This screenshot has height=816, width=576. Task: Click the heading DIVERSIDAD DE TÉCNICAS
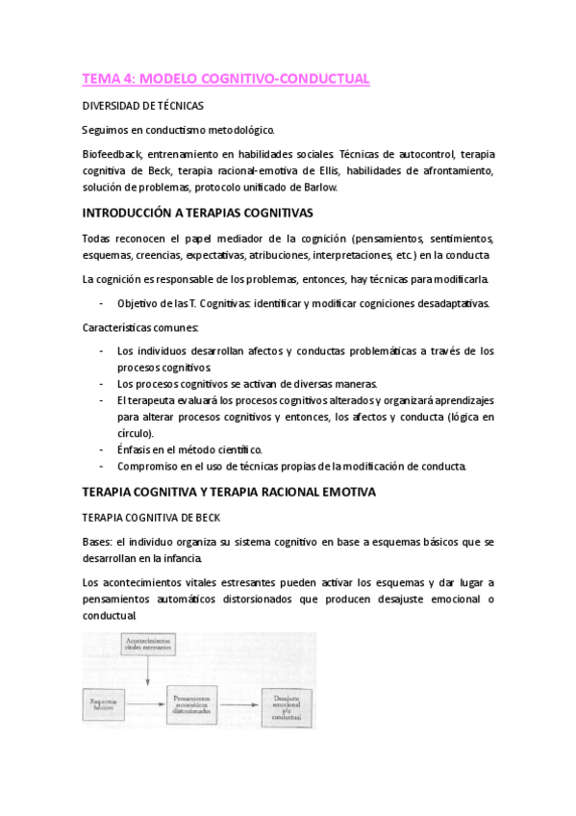tap(141, 109)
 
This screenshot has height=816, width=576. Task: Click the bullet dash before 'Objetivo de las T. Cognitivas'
tap(101, 304)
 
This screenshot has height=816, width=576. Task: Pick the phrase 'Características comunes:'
tap(139, 328)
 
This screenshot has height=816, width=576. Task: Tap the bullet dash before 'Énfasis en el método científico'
tap(101, 449)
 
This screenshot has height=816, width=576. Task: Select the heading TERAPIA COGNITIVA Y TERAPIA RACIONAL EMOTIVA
tap(229, 492)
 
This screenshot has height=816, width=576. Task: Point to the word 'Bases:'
tap(98, 542)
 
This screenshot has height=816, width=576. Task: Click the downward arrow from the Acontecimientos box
tap(146, 674)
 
